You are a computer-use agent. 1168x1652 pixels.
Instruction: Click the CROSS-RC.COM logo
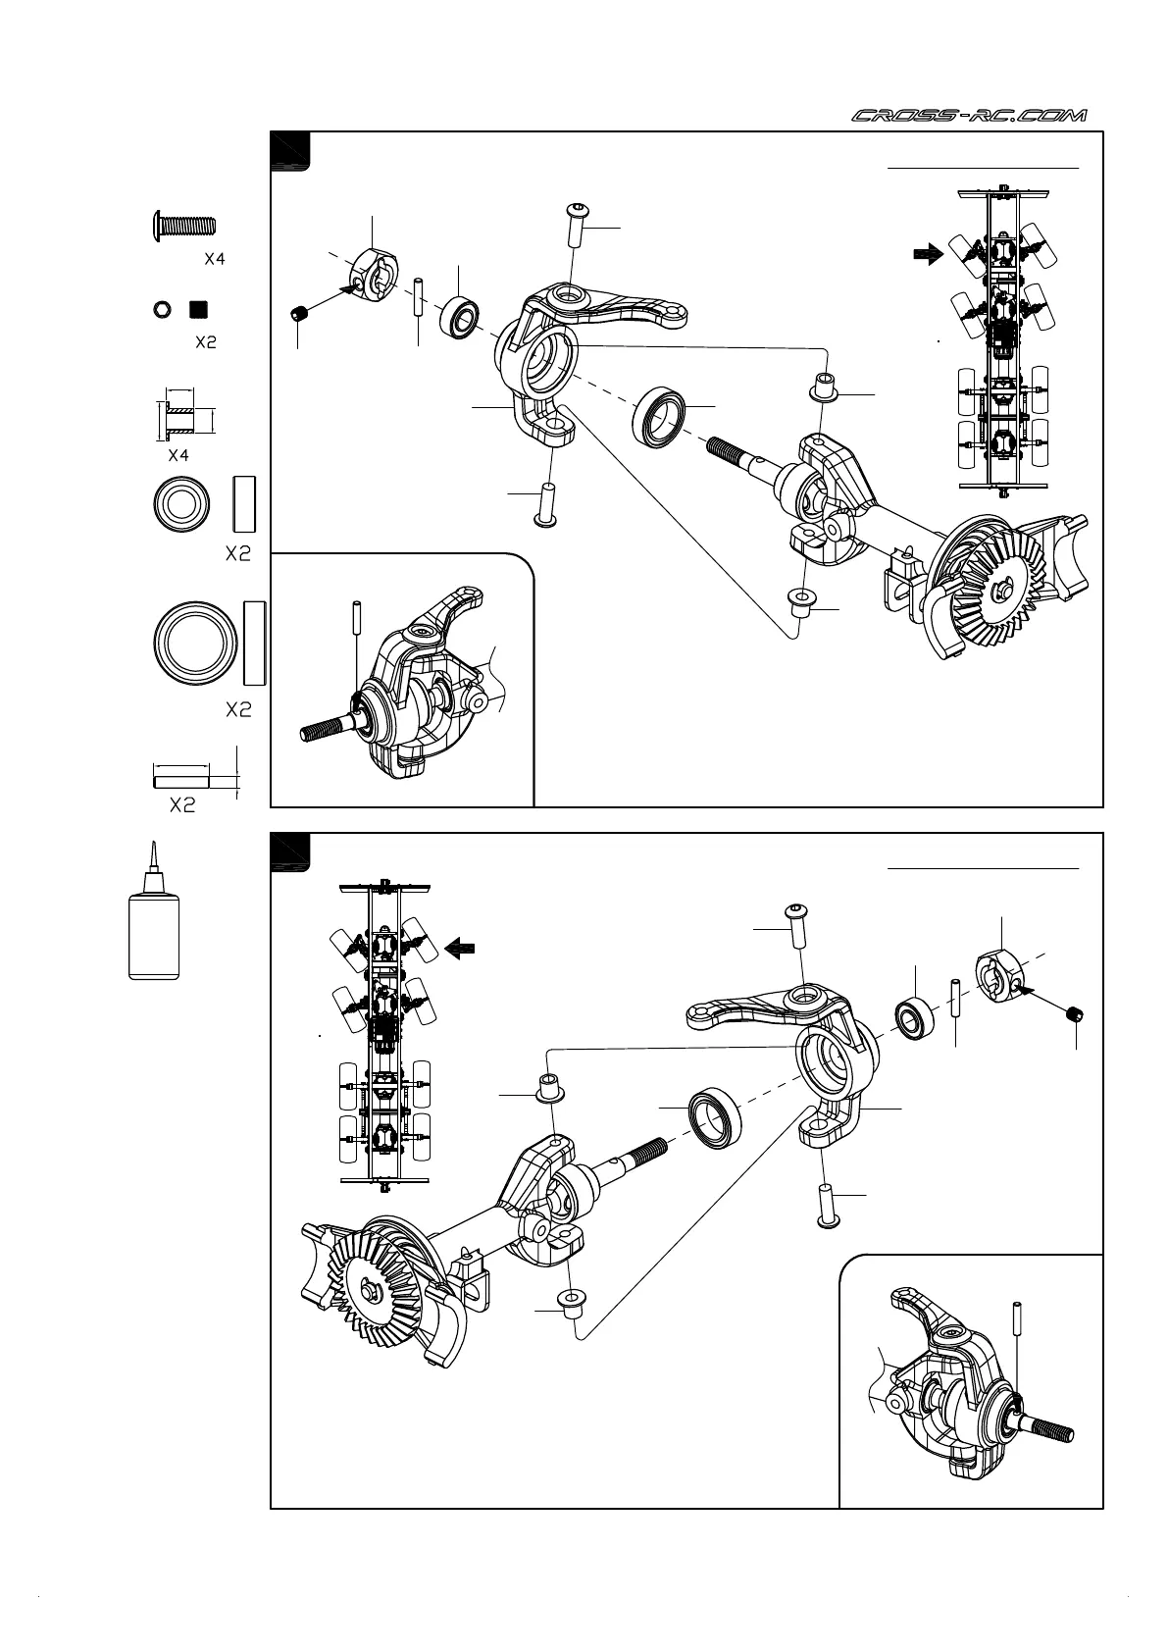[x=969, y=117]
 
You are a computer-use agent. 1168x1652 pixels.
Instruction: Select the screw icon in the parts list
[x=183, y=226]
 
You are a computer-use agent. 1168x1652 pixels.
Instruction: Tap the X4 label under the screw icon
[x=214, y=260]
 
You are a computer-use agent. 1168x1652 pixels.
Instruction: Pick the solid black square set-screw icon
[x=199, y=309]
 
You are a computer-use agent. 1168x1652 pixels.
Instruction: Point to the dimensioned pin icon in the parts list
[x=181, y=781]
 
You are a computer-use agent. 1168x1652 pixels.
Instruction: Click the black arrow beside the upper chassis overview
[x=926, y=254]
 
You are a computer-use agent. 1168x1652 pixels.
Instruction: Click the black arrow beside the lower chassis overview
[x=461, y=948]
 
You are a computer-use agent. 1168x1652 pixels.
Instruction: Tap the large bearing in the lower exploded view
[x=715, y=1117]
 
